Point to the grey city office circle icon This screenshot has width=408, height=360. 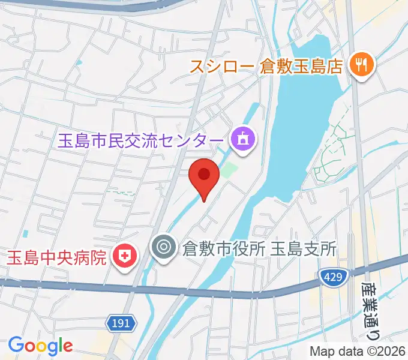(163, 247)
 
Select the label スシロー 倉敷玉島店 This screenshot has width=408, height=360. (266, 66)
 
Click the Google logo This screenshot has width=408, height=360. (40, 345)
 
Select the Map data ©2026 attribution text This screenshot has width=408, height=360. (358, 351)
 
